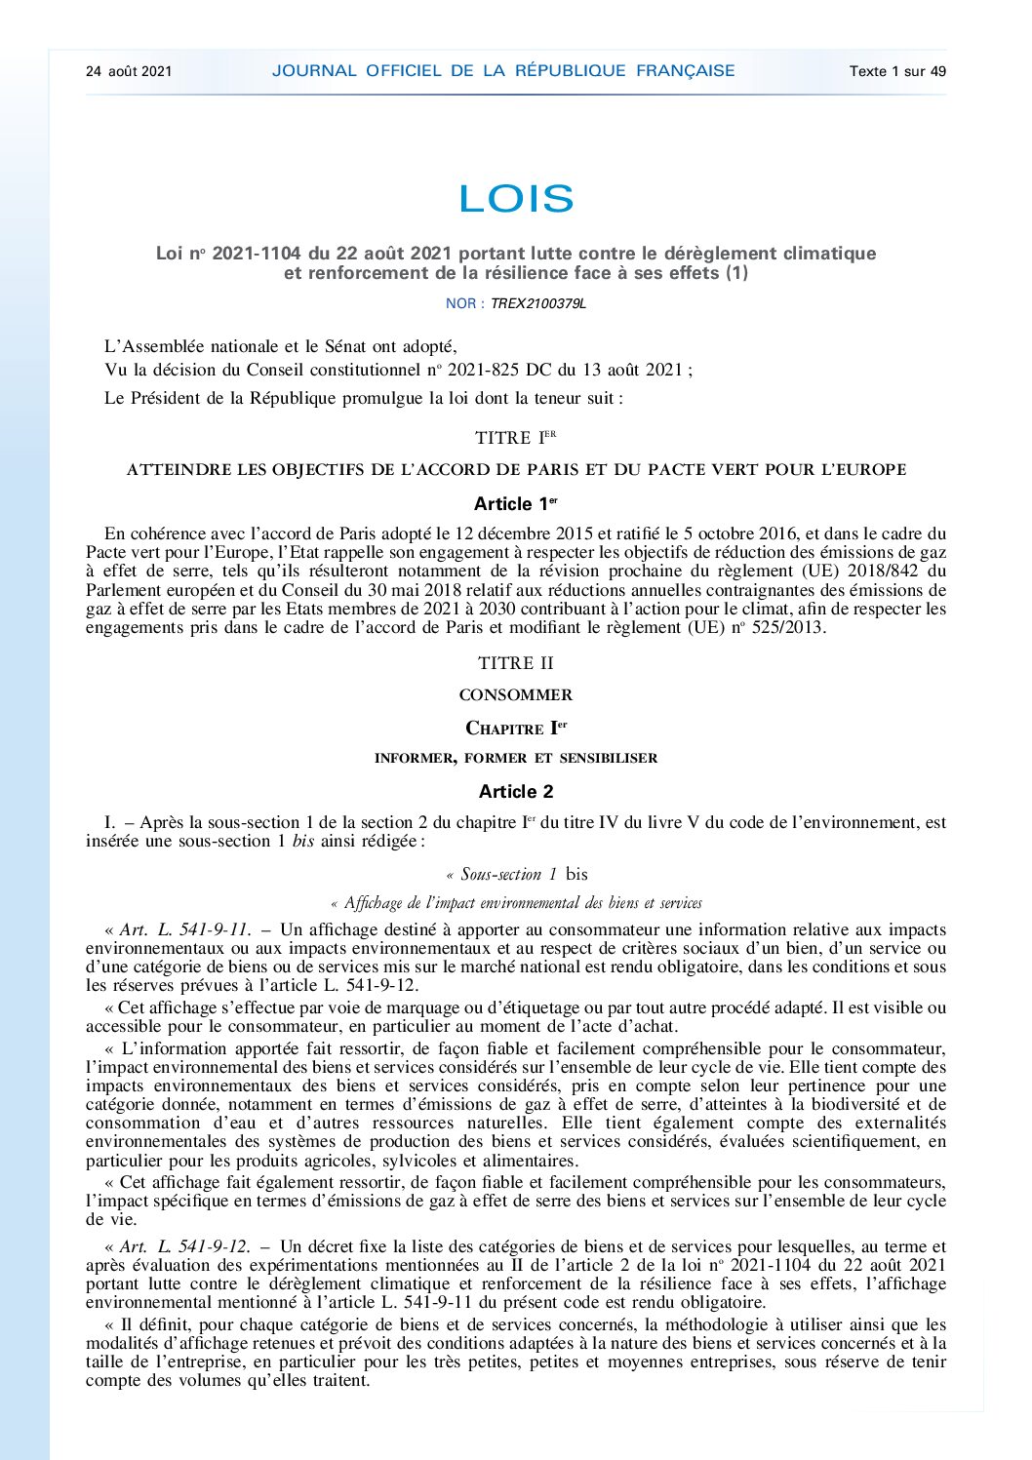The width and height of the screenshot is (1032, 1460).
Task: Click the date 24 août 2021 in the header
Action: point(129,71)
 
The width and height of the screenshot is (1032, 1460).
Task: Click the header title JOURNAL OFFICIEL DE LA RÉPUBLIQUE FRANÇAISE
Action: point(503,70)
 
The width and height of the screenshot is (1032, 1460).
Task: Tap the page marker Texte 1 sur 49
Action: point(897,71)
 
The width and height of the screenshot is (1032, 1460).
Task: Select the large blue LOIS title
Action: point(516,199)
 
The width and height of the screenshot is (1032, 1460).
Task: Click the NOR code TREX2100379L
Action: point(538,303)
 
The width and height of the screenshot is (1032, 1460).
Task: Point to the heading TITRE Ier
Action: point(515,438)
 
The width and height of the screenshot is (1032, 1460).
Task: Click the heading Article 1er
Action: point(515,504)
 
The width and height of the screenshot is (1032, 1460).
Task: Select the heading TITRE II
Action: point(515,663)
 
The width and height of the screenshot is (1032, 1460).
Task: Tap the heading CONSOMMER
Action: point(515,695)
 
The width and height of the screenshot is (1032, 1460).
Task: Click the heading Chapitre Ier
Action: point(515,729)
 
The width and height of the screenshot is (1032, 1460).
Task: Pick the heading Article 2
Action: point(515,792)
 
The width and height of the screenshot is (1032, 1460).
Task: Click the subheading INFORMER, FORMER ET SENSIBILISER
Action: point(515,758)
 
